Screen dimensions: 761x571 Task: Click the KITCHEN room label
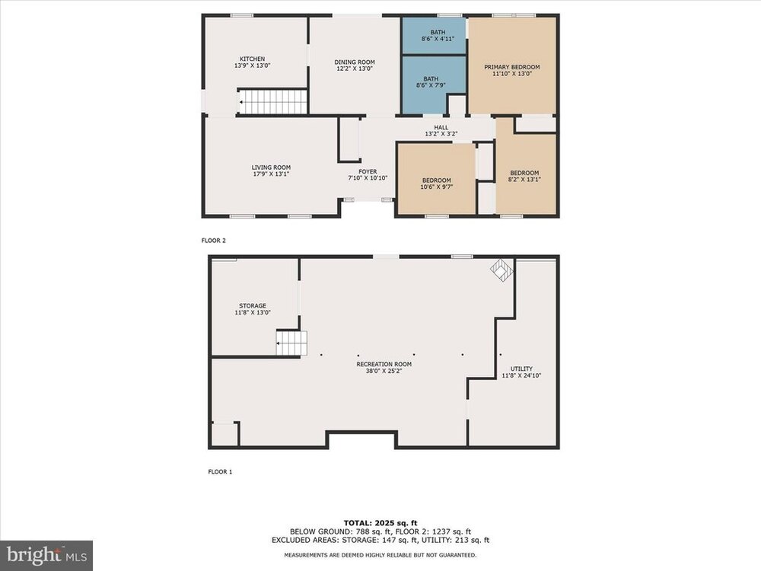252,59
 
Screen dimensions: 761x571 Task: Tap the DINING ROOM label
355,62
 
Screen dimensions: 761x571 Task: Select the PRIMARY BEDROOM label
512,67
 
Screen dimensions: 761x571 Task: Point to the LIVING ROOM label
272,167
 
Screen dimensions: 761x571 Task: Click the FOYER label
368,171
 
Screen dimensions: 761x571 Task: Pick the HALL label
441,127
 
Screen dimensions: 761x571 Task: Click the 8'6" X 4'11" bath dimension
438,39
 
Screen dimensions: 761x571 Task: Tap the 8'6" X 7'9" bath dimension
431,85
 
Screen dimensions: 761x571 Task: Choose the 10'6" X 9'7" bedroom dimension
437,187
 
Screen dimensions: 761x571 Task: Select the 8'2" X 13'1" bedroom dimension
524,179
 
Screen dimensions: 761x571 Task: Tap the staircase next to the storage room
291,343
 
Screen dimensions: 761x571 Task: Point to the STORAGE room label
253,306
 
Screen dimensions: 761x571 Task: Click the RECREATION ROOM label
384,364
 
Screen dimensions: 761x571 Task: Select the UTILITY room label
522,368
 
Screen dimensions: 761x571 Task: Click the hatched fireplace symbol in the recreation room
501,270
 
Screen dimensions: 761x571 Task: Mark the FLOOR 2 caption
214,241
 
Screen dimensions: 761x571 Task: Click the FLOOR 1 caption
221,471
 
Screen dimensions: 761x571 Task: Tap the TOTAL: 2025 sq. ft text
380,523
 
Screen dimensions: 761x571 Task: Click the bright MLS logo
46,554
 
